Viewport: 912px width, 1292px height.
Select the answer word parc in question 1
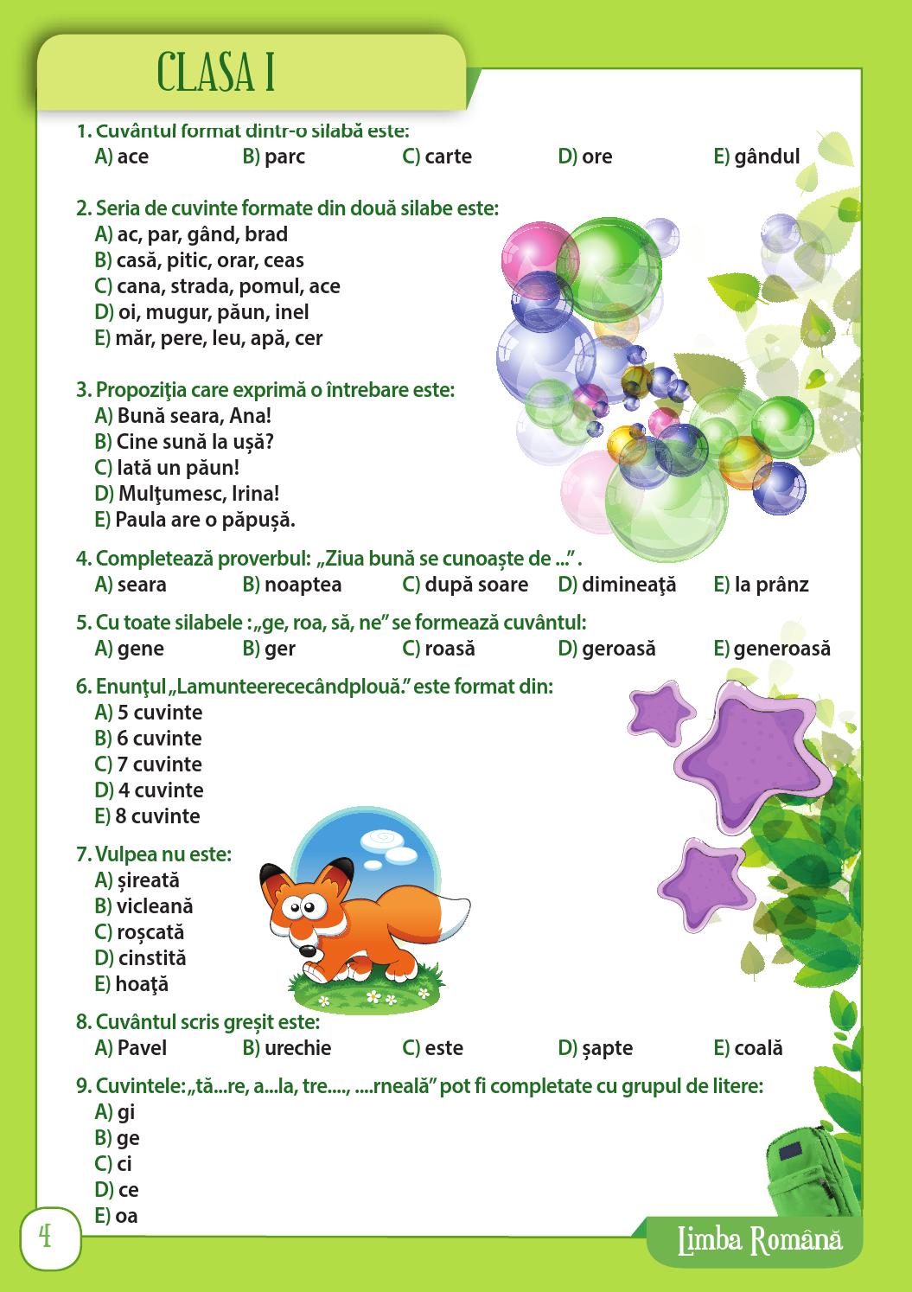coord(284,157)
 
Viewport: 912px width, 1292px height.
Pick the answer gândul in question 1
coord(767,157)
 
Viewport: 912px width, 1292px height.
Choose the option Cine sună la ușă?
coord(195,442)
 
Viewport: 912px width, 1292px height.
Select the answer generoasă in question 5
coord(781,649)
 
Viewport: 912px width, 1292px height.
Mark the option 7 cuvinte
coord(159,764)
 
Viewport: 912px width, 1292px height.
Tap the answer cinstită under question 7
coord(151,958)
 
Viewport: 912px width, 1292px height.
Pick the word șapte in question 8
coord(607,1048)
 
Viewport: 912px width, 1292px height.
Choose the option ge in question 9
coord(128,1138)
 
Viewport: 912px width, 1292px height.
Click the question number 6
coord(83,687)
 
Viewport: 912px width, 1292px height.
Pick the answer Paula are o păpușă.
coord(205,520)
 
